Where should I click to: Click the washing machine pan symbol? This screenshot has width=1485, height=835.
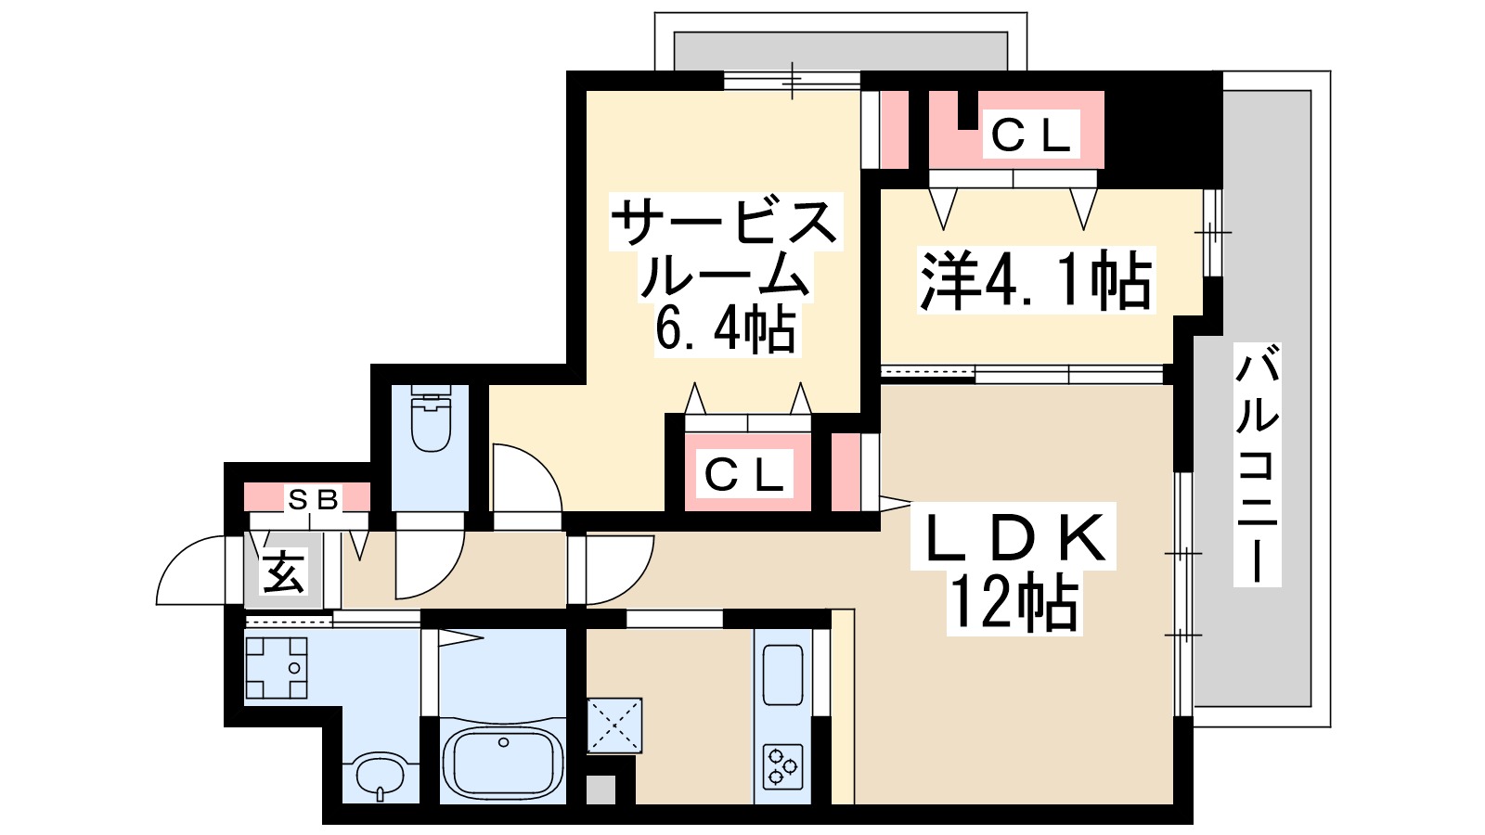click(x=276, y=666)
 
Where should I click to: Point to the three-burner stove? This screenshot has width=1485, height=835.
click(x=781, y=766)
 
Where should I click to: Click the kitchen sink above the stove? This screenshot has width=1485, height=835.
click(x=782, y=675)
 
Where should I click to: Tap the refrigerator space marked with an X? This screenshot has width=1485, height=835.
click(x=613, y=725)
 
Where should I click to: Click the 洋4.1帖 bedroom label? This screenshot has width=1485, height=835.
click(x=1035, y=280)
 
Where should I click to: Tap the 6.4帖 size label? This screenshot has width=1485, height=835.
click(x=725, y=328)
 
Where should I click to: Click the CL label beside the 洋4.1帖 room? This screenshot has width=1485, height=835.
click(x=1031, y=136)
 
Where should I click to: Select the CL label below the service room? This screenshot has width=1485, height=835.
click(x=744, y=476)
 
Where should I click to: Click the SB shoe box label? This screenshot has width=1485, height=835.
click(x=313, y=499)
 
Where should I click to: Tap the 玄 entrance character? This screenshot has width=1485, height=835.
click(x=283, y=572)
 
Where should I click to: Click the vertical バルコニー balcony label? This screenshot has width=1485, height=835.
click(x=1257, y=464)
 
